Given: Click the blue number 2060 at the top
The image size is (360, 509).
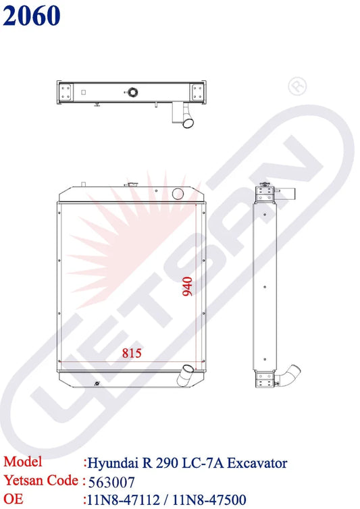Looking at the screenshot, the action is tap(32, 16).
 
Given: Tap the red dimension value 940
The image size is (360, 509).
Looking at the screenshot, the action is tap(188, 286).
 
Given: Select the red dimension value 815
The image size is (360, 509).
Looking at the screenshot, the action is tap(132, 353).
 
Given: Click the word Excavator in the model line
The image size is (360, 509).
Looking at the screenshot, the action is tap(257, 463).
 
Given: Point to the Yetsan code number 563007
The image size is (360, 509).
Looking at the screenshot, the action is tap(111, 483).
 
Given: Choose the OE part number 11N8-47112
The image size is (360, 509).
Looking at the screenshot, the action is tap(123, 500).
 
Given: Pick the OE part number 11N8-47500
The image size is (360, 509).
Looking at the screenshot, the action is tap(209, 500).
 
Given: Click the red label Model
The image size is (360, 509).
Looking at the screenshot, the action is tap(23, 462).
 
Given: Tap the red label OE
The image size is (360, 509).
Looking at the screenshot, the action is tap(14, 499).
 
